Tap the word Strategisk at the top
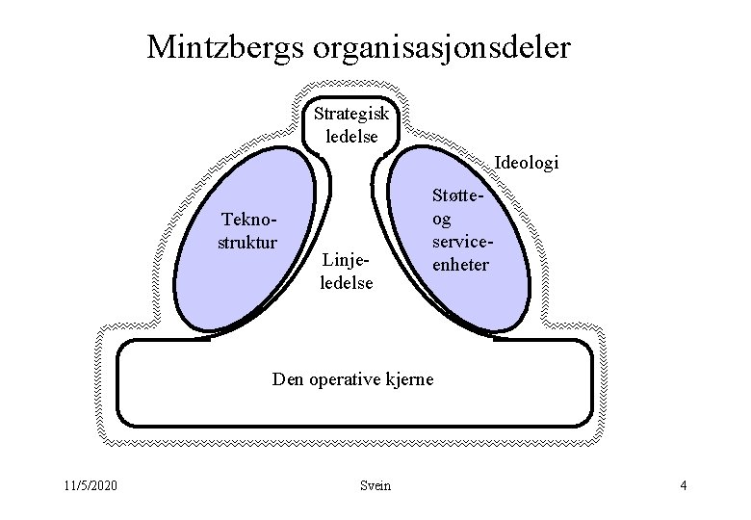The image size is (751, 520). [351, 114]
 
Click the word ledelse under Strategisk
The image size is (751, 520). [351, 136]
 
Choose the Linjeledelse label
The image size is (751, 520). [347, 272]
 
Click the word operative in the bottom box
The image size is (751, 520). [347, 379]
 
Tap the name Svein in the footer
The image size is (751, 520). [375, 485]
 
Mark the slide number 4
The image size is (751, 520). [683, 485]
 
